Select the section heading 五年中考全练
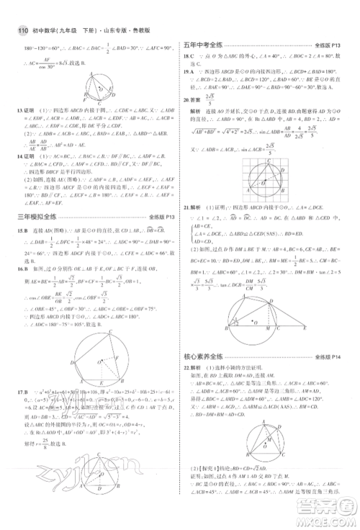coord(206,45)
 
